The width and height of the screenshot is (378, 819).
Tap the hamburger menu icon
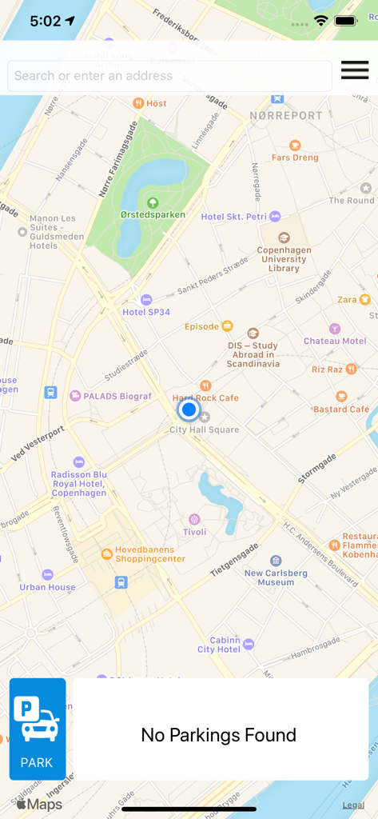tap(355, 70)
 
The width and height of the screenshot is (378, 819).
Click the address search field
tap(169, 76)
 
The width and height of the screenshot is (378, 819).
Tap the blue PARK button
tap(38, 729)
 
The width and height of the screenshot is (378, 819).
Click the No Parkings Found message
tap(219, 735)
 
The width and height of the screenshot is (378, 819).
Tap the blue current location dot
tap(189, 410)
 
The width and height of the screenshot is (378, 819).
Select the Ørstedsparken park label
tap(153, 214)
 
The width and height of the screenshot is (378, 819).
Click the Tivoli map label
tap(194, 532)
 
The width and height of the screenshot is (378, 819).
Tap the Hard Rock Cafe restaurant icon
tap(206, 386)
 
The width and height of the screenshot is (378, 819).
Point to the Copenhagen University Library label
tap(284, 259)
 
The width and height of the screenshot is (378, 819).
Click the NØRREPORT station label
tap(286, 115)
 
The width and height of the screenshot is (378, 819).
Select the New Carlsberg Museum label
tap(276, 577)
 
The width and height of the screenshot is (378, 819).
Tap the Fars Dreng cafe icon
tap(295, 145)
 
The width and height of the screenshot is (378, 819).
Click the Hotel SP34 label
tap(145, 312)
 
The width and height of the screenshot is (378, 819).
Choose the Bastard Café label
tap(341, 409)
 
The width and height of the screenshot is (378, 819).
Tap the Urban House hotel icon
tap(48, 575)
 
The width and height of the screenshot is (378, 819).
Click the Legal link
tap(354, 805)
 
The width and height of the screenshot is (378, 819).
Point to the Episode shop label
tap(201, 326)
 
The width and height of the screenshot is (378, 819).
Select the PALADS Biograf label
tap(117, 396)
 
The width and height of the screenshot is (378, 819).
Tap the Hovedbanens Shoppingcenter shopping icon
tap(106, 553)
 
